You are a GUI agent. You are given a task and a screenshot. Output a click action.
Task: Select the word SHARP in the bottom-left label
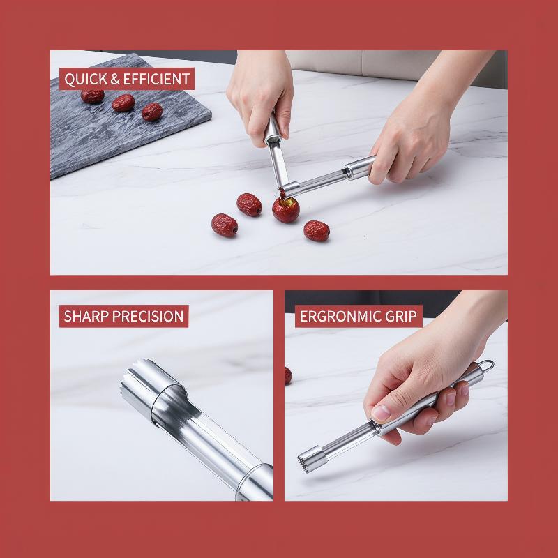click(86, 316)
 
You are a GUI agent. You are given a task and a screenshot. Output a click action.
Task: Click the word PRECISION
click(148, 316)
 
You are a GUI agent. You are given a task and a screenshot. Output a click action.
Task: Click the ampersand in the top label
click(115, 79)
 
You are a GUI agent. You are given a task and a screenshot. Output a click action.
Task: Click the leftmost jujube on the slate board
click(93, 96)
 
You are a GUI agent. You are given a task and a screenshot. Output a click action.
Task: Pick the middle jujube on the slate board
click(123, 103)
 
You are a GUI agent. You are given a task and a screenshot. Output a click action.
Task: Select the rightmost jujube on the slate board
click(152, 112)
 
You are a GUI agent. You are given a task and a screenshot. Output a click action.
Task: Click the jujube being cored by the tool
click(286, 211)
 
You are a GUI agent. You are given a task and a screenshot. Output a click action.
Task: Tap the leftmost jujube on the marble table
click(225, 225)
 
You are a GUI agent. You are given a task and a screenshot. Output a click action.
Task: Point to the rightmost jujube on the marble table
click(317, 231)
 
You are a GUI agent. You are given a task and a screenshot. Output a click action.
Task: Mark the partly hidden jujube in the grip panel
click(288, 376)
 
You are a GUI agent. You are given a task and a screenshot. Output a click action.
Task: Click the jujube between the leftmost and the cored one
click(249, 204)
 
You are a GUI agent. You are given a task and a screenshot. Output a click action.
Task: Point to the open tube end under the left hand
click(272, 139)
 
